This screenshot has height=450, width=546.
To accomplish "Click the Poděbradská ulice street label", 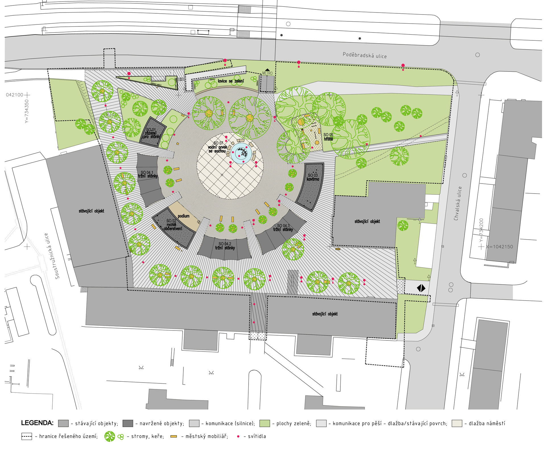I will (365, 55).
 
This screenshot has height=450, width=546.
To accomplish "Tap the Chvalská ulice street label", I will (458, 203).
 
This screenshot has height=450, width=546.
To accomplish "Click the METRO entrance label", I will (267, 73).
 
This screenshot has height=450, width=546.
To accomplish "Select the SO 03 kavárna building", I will (311, 186).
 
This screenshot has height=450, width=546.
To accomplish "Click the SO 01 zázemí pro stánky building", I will (152, 132).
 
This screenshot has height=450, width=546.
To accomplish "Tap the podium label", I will (183, 216).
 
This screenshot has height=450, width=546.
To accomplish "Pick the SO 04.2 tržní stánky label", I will (225, 246).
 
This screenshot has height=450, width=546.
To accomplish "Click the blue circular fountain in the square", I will (241, 153).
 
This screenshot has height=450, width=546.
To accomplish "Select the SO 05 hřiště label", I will (328, 137).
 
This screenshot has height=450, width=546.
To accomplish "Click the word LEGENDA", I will (37, 423).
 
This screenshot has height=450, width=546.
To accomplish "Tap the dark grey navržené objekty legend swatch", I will (128, 423).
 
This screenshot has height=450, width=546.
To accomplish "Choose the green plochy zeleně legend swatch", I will (264, 423).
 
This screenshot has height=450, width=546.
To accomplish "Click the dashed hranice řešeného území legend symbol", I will (27, 436).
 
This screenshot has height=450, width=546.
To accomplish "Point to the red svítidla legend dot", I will (238, 436).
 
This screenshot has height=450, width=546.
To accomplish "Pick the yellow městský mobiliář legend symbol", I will (173, 436).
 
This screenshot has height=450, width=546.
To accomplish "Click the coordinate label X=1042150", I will (499, 247).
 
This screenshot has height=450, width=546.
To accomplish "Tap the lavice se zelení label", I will (231, 81).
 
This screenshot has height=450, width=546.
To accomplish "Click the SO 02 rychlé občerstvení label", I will (173, 225).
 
